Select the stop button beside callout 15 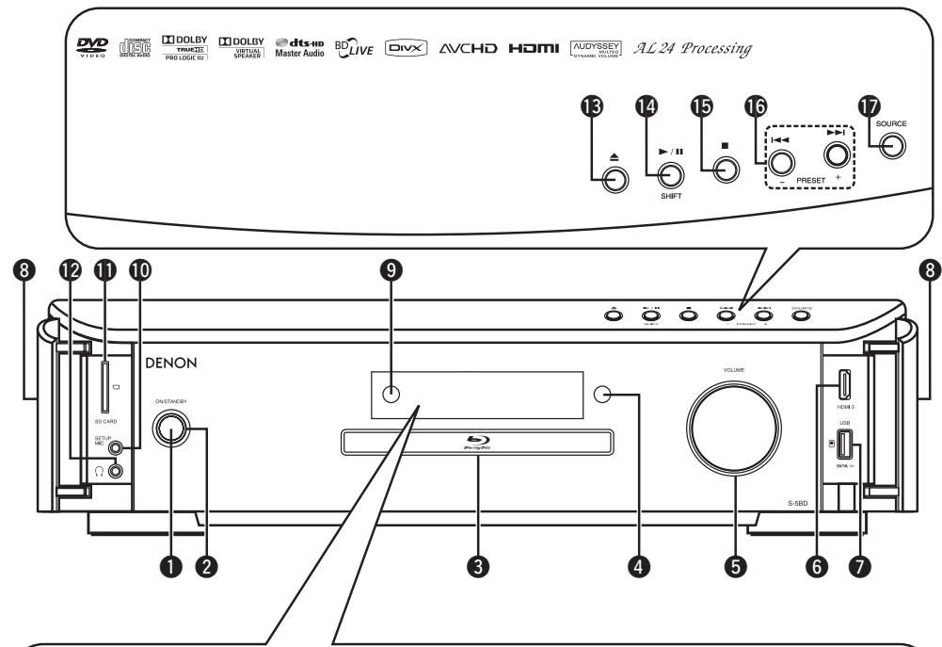724,170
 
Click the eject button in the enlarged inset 615,179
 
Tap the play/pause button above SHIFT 670,173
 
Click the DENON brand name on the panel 172,363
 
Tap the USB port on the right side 844,443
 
